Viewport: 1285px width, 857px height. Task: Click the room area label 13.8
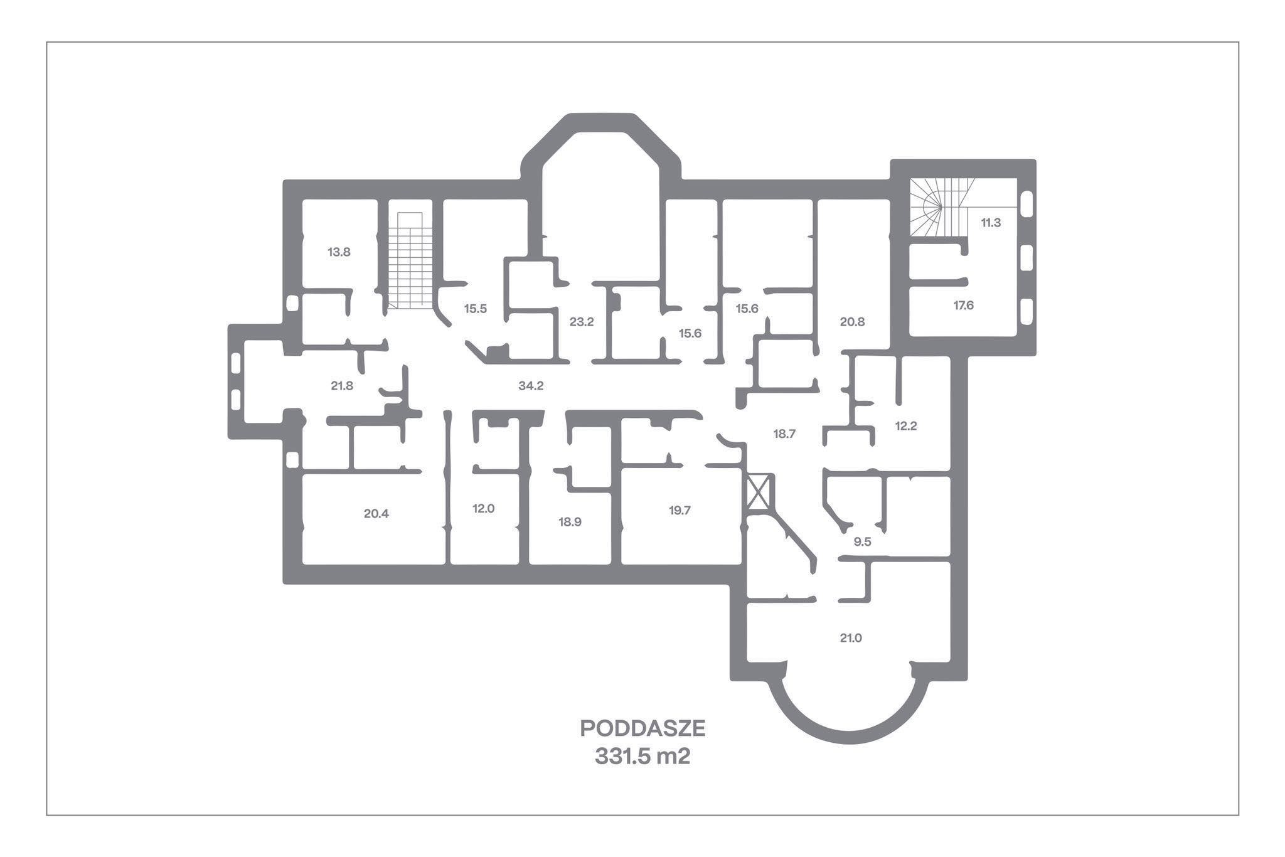click(x=339, y=252)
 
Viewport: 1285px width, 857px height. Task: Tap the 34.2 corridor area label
click(x=531, y=386)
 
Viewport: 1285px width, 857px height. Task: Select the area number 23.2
click(x=582, y=322)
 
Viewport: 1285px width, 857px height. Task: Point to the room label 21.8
click(x=342, y=386)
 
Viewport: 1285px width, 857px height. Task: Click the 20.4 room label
click(x=376, y=513)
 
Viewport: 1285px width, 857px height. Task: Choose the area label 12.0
click(x=484, y=508)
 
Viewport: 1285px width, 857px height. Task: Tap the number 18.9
click(x=570, y=521)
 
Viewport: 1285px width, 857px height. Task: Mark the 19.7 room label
click(x=680, y=510)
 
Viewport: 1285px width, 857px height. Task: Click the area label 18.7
click(x=784, y=434)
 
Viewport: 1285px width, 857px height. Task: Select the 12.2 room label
click(x=906, y=426)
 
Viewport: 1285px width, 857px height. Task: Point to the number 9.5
click(x=863, y=542)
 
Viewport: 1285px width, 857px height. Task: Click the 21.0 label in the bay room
click(x=851, y=638)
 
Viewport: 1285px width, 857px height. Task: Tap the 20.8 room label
click(x=852, y=322)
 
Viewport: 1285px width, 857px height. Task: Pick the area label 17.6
click(x=964, y=306)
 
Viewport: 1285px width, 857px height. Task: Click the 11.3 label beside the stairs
click(x=991, y=222)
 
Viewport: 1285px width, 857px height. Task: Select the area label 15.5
click(x=476, y=309)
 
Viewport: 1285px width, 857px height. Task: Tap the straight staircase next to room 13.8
click(x=410, y=260)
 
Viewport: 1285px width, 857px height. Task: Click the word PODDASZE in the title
click(x=642, y=728)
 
